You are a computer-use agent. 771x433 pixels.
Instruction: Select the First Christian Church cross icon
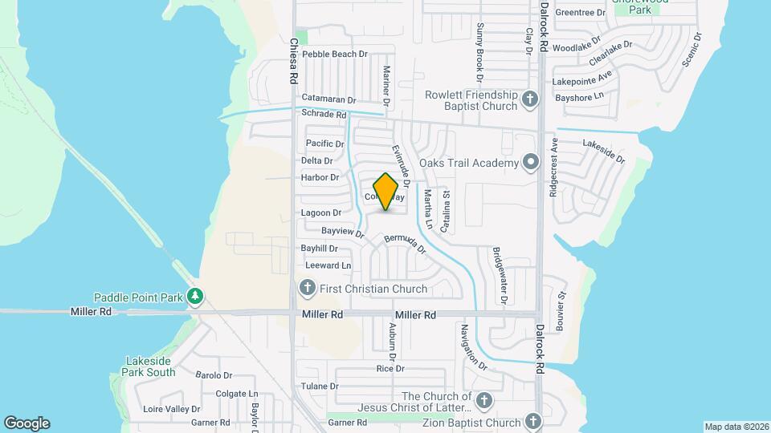pos(307,288)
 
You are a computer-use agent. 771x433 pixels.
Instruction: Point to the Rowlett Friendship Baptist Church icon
pos(529,99)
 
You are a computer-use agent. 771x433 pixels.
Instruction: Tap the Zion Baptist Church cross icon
pos(533,422)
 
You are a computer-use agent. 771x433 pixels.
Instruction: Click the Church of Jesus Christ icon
pos(484,401)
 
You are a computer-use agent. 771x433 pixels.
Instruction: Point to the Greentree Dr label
pos(580,13)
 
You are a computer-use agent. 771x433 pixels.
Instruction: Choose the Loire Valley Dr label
pos(171,409)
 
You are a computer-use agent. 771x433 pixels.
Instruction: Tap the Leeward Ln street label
pos(328,265)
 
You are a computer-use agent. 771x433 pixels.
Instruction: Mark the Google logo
pos(27,423)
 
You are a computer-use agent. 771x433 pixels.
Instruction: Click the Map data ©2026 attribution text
pos(736,427)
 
